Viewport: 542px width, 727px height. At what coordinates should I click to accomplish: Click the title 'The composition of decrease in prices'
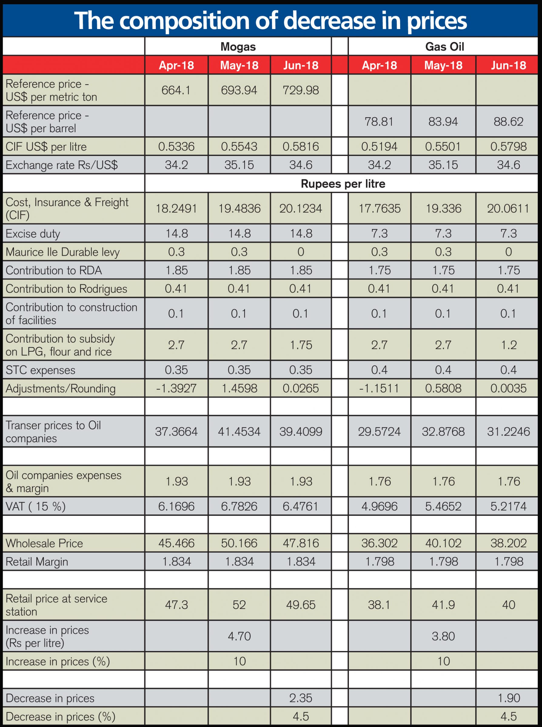click(x=271, y=21)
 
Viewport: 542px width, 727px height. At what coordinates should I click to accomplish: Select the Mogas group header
click(x=238, y=47)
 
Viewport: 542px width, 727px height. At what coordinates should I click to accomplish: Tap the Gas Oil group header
click(x=445, y=47)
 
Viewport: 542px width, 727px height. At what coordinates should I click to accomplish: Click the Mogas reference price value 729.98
click(x=301, y=90)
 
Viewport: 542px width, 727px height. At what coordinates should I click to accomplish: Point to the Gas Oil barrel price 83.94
click(x=443, y=121)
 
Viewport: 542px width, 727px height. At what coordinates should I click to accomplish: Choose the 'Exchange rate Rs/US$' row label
click(x=62, y=165)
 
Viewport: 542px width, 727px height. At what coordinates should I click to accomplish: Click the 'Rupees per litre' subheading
click(x=343, y=184)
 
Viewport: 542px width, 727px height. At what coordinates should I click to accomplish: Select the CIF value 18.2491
click(x=176, y=208)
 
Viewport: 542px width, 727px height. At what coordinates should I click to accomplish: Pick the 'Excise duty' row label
click(x=33, y=234)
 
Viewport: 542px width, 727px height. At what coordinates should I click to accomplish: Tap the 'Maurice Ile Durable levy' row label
click(x=63, y=252)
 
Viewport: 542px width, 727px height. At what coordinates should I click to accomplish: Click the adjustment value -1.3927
click(x=176, y=388)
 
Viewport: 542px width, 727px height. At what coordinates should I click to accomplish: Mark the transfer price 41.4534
click(x=239, y=432)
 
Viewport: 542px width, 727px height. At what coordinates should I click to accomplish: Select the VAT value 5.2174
click(x=508, y=506)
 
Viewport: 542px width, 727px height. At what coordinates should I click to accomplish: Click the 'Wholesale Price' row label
click(x=44, y=543)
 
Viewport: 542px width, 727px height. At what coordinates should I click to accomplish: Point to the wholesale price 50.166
click(x=239, y=543)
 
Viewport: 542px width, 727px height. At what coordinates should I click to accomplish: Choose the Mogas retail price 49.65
click(x=301, y=605)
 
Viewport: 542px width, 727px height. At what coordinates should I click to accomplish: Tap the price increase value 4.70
click(x=239, y=636)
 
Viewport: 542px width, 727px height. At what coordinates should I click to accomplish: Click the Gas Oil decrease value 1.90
click(x=509, y=698)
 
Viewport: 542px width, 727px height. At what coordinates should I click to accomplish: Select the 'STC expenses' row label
click(x=40, y=370)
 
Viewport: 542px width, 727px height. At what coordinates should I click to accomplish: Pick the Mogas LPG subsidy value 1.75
click(x=301, y=345)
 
